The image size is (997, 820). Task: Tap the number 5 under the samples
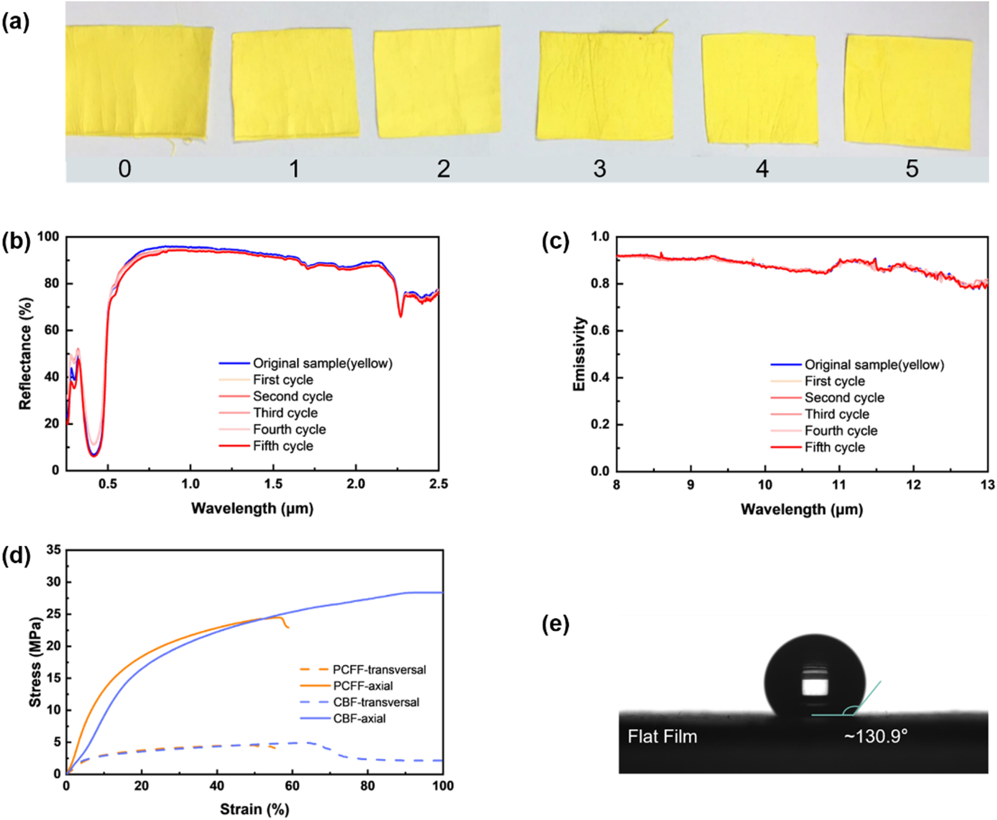pyautogui.click(x=912, y=169)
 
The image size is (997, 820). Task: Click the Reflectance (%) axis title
pyautogui.click(x=25, y=353)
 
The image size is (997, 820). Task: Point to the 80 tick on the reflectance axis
pyautogui.click(x=51, y=284)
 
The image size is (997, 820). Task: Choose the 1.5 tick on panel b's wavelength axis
pyautogui.click(x=273, y=484)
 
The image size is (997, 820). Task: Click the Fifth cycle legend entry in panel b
pyautogui.click(x=283, y=446)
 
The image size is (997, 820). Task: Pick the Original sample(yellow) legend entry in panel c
pyautogui.click(x=874, y=365)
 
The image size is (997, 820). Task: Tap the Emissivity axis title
pyautogui.click(x=579, y=354)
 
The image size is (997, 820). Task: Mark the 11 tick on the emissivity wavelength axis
pyautogui.click(x=839, y=485)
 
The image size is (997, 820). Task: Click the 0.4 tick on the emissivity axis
pyautogui.click(x=600, y=378)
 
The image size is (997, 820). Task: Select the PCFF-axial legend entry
pyautogui.click(x=363, y=686)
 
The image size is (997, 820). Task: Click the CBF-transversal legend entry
pyautogui.click(x=376, y=702)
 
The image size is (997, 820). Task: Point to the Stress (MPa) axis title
pyautogui.click(x=35, y=662)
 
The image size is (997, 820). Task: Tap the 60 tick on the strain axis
pyautogui.click(x=292, y=786)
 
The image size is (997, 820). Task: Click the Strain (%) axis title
pyautogui.click(x=254, y=809)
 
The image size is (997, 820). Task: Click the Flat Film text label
pyautogui.click(x=662, y=737)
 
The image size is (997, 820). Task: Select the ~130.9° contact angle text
pyautogui.click(x=875, y=736)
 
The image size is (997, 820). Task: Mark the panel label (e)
pyautogui.click(x=555, y=624)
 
